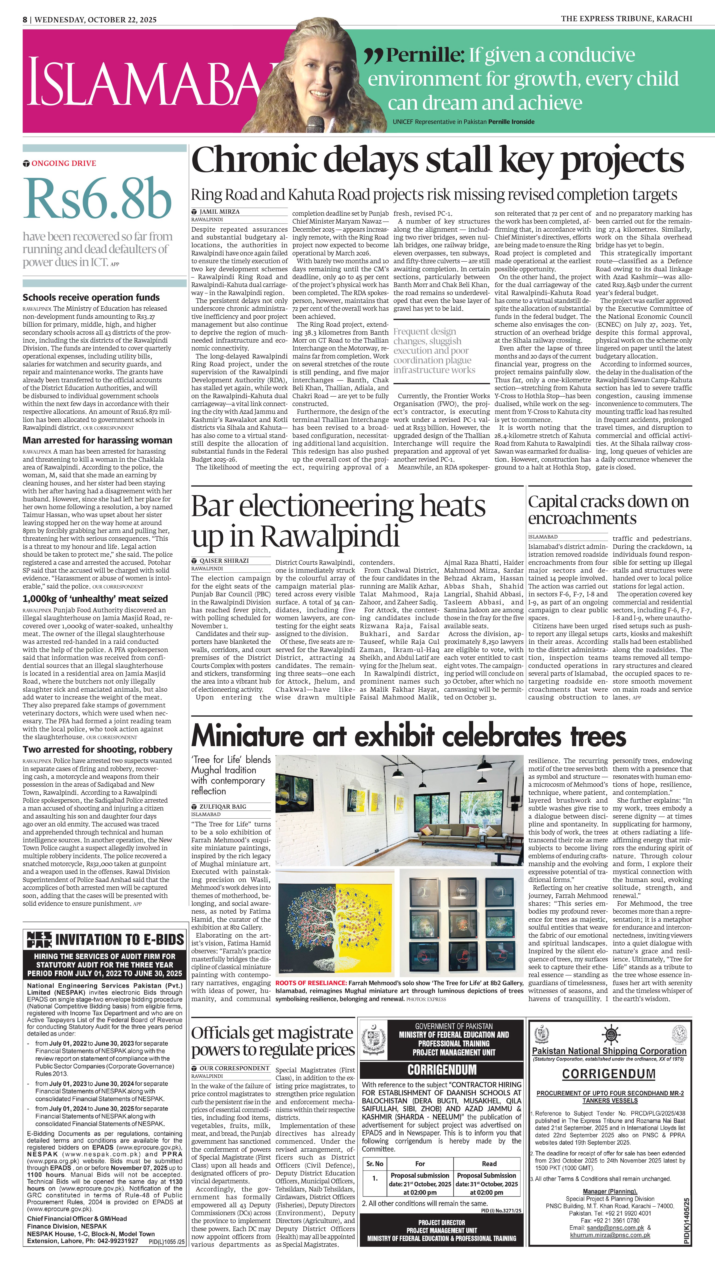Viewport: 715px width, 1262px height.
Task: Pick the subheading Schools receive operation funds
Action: click(91, 297)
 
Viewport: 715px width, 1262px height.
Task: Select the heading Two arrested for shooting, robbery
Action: click(97, 750)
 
